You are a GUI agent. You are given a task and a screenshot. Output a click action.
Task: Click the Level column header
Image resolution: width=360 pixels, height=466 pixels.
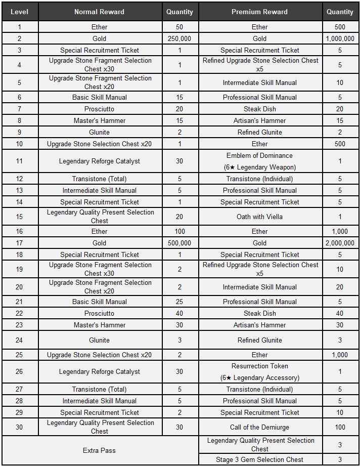(20, 12)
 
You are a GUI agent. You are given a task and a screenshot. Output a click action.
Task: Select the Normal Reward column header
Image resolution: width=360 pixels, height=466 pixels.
(99, 12)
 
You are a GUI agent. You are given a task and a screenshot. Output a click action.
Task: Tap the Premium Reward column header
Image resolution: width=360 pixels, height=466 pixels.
(259, 12)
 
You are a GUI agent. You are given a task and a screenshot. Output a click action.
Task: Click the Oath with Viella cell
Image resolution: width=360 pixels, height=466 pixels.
(259, 217)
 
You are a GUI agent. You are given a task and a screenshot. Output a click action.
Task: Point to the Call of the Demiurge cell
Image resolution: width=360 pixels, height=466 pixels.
(259, 427)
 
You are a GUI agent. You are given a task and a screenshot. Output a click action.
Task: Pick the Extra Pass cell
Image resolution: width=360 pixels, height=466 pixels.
(99, 450)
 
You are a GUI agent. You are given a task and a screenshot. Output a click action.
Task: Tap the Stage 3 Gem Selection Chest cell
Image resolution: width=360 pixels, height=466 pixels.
(259, 459)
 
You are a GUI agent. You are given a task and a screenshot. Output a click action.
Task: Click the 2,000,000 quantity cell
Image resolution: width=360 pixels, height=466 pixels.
(340, 243)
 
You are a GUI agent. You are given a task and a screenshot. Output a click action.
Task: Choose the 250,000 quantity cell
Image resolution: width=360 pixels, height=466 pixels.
(179, 38)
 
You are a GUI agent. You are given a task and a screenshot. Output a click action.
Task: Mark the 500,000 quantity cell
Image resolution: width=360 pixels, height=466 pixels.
(179, 243)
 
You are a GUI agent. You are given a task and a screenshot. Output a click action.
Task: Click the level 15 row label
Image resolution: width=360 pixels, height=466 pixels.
(20, 217)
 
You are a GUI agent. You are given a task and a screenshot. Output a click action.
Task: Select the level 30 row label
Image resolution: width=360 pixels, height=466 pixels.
(20, 427)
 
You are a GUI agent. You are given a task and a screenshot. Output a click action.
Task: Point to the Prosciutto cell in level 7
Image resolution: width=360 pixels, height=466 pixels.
(99, 109)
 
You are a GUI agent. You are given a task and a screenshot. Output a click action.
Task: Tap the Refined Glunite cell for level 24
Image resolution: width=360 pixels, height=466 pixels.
(259, 340)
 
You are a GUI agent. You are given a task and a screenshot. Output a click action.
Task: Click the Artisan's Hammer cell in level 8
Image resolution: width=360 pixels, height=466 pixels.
(259, 120)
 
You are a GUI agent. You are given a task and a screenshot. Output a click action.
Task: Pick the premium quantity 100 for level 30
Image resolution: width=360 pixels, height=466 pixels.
(340, 427)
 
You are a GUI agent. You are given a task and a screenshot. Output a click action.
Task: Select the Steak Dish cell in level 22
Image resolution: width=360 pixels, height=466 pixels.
(259, 313)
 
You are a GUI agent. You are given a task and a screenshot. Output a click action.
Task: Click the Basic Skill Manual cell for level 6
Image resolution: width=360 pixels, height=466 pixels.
(99, 97)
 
